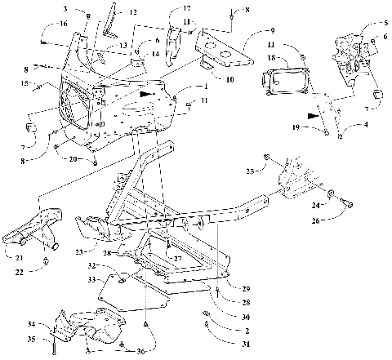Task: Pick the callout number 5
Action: [x=385, y=24]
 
